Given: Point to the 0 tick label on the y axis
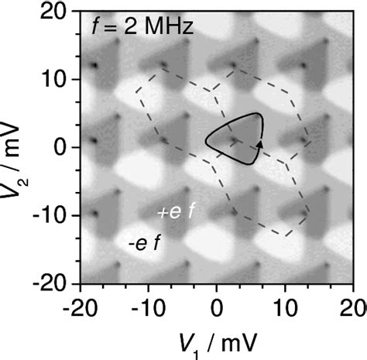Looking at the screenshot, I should coord(66,147).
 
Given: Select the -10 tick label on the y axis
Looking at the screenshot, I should coord(57,216).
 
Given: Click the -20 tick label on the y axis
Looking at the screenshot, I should coord(57,283).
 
